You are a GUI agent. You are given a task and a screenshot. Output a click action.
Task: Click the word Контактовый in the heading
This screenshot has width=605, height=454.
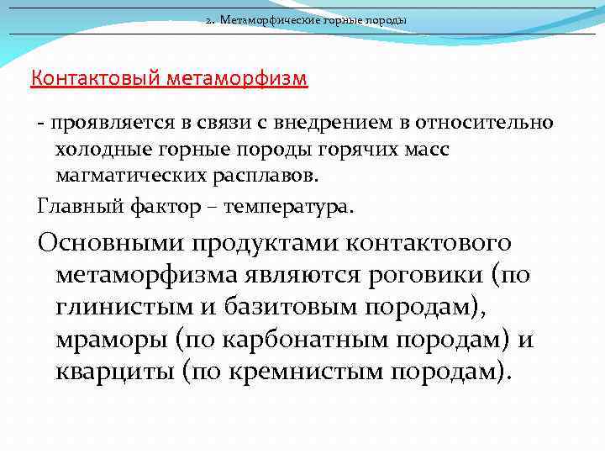click(x=96, y=80)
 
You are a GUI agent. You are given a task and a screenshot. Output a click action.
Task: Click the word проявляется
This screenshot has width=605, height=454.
click(x=111, y=124)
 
